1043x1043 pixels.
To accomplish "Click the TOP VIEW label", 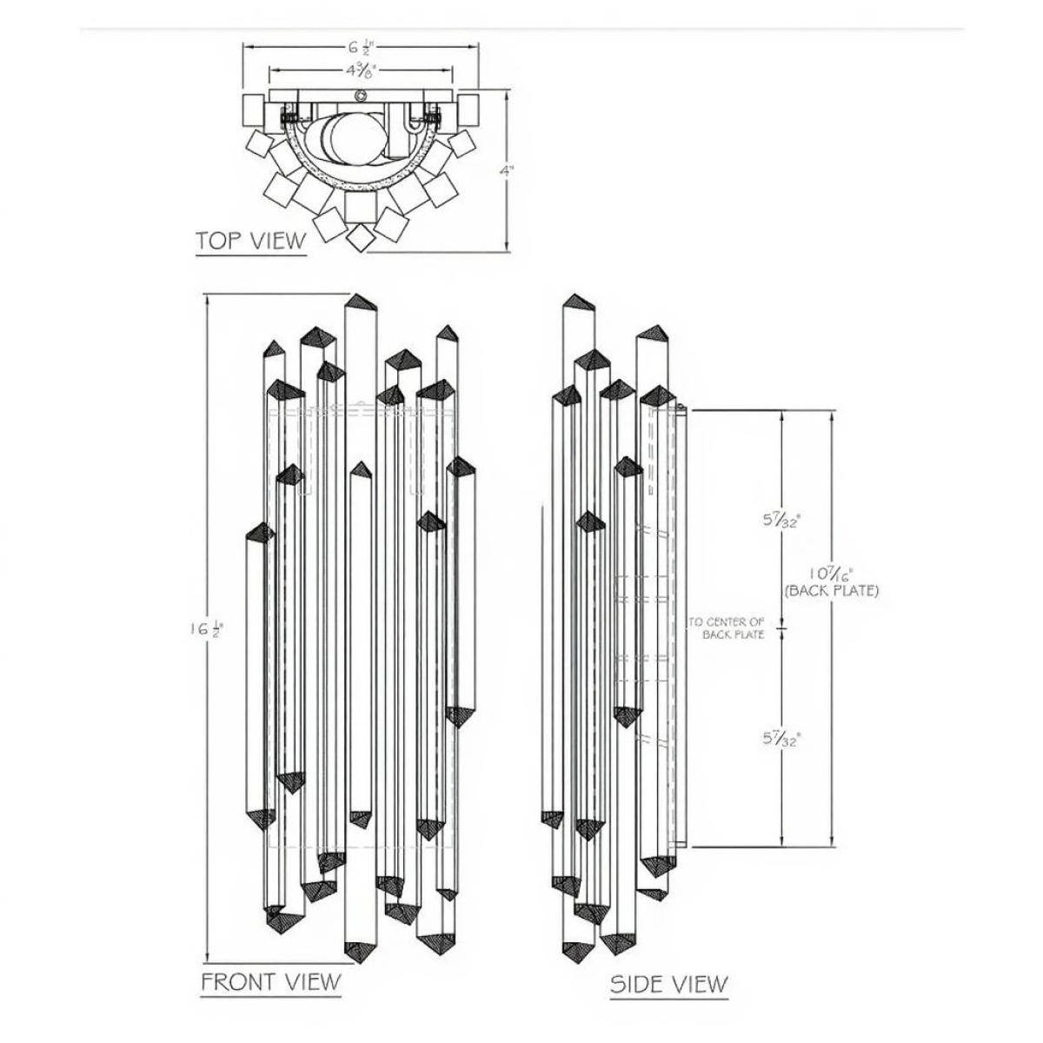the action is pyautogui.click(x=250, y=240).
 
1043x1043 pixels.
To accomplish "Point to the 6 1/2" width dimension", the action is pyautogui.click(x=362, y=47).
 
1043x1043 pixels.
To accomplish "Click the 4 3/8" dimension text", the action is pyautogui.click(x=360, y=70).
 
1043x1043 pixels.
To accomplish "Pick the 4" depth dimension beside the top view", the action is pyautogui.click(x=506, y=172).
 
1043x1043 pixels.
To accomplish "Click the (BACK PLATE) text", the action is pyautogui.click(x=831, y=590).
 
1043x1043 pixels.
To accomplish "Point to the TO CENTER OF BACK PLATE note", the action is pyautogui.click(x=727, y=628).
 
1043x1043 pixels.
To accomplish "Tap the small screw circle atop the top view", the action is pyautogui.click(x=359, y=96).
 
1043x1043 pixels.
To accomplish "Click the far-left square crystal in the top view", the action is pyautogui.click(x=252, y=109).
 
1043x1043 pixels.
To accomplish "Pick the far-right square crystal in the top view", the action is pyautogui.click(x=468, y=109).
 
